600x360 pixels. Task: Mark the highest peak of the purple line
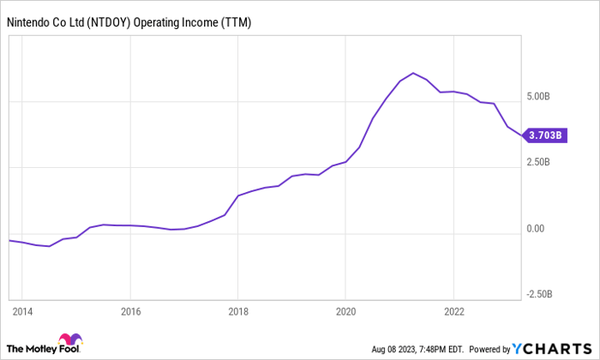tap(413, 73)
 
